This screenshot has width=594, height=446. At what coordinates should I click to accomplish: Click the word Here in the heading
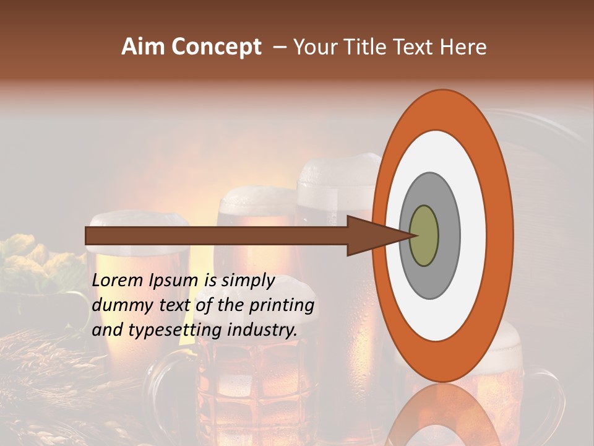coord(463,47)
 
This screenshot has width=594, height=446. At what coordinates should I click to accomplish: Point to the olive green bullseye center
coord(424,235)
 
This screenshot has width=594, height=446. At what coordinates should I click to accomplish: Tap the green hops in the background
coord(25,260)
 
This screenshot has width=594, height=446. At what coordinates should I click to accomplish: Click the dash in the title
coord(280,47)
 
